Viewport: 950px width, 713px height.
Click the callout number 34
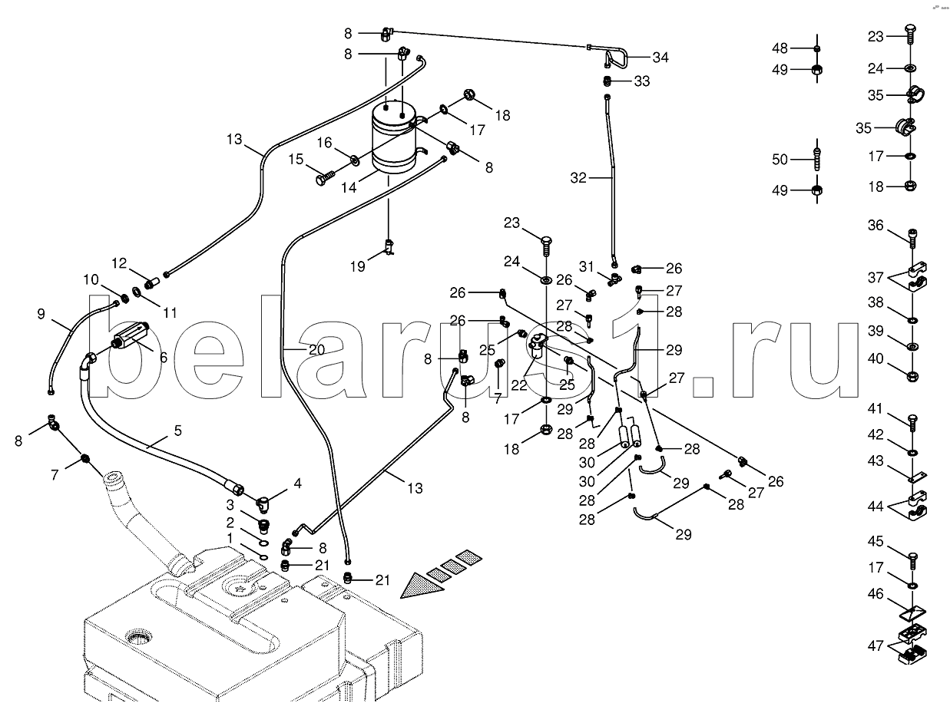(x=660, y=58)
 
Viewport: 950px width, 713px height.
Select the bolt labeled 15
(x=323, y=178)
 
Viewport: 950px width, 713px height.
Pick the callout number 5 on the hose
(x=177, y=431)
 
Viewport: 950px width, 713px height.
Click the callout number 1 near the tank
(x=230, y=539)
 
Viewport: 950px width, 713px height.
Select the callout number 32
(x=578, y=178)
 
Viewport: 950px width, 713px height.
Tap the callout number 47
(x=876, y=645)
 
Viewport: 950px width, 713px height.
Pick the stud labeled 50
(x=817, y=160)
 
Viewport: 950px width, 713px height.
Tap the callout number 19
(x=357, y=266)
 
